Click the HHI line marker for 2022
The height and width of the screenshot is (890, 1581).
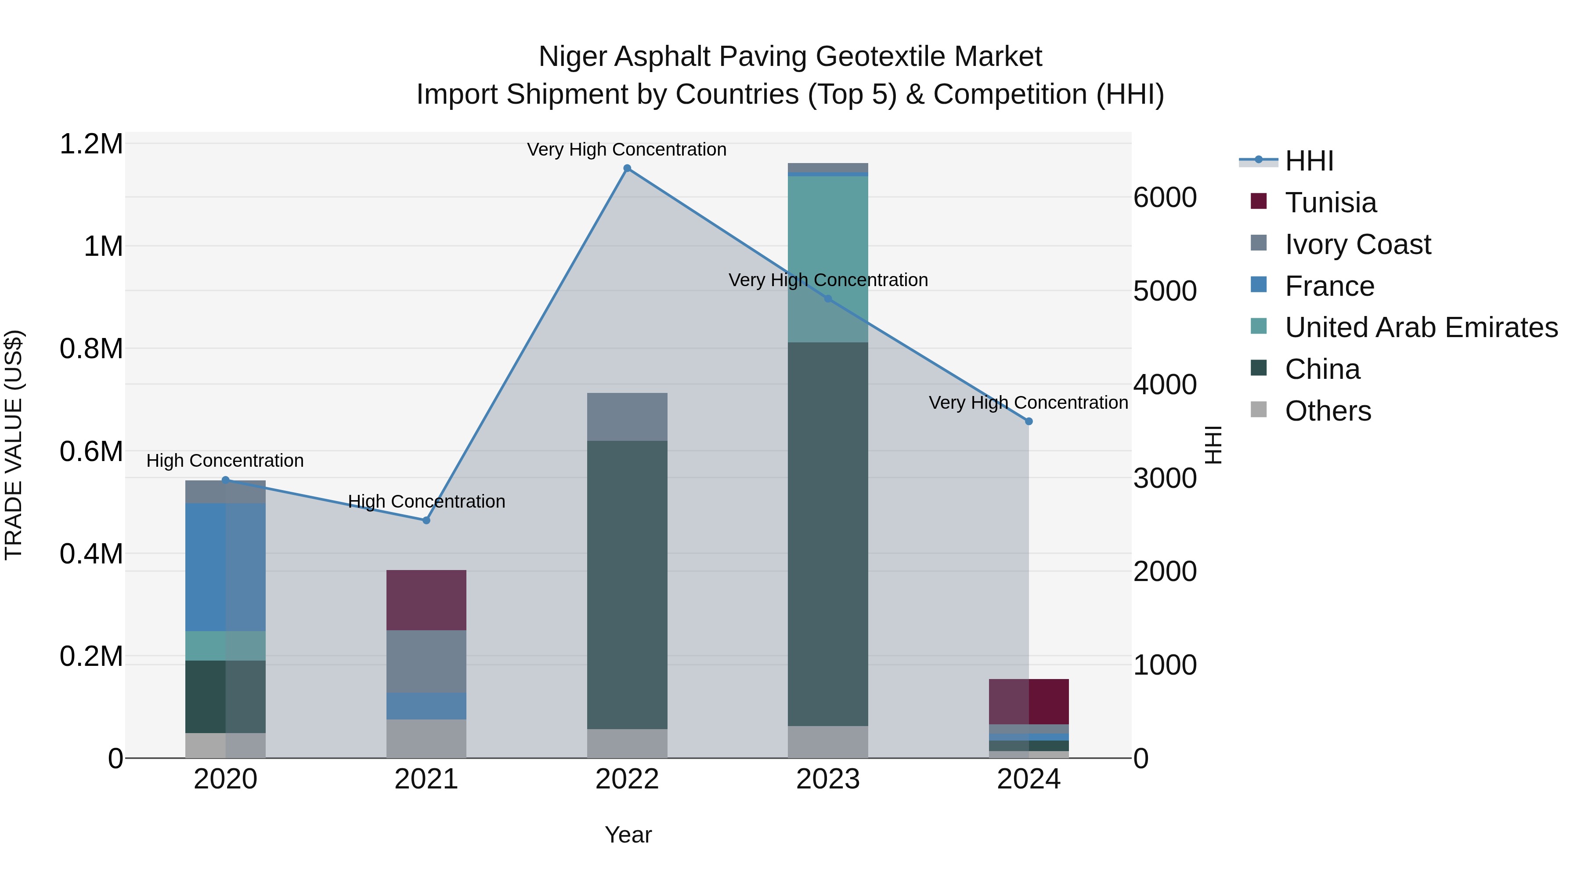click(x=627, y=168)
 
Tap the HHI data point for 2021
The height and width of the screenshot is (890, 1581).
click(x=426, y=520)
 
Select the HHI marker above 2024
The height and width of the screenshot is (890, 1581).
click(x=1029, y=421)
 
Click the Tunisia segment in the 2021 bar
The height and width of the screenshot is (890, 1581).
click(x=426, y=600)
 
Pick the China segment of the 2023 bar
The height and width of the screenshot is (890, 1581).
click(x=828, y=534)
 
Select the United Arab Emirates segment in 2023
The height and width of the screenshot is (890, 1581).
click(x=828, y=258)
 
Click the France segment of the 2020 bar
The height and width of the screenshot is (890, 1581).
click(x=225, y=567)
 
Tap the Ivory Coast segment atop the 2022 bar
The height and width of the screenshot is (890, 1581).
click(x=627, y=417)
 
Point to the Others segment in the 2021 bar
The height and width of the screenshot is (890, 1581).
click(x=426, y=738)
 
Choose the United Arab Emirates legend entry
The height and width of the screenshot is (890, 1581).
click(x=1421, y=327)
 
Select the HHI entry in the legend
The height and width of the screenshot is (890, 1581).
click(x=1309, y=161)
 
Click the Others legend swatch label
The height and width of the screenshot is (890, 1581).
click(x=1328, y=411)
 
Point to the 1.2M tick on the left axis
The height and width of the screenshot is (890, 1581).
click(x=91, y=144)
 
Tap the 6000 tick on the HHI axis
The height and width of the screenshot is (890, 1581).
click(x=1164, y=197)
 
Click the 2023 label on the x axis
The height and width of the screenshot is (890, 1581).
click(x=828, y=779)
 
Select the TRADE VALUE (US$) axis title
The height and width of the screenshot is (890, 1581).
click(x=14, y=445)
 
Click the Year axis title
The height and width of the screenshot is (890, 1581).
click(x=628, y=835)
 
